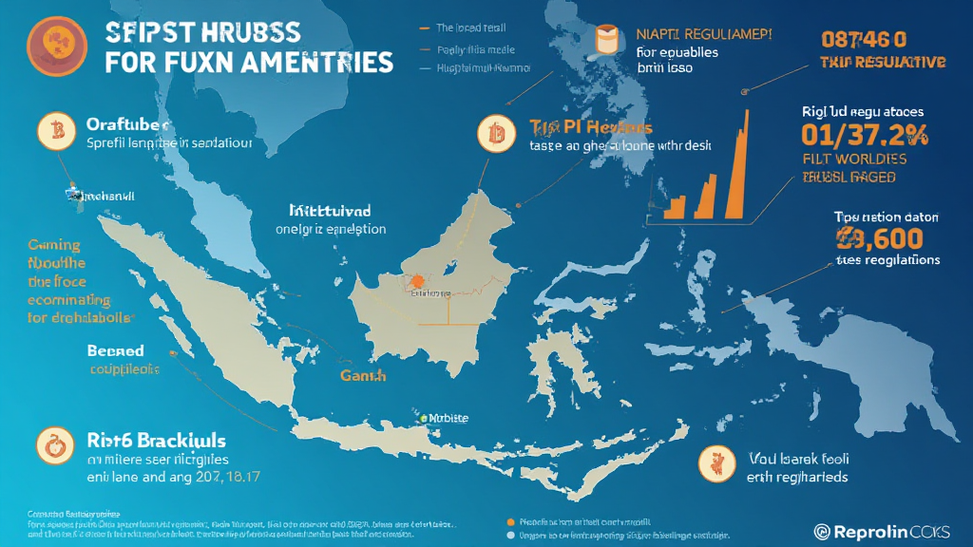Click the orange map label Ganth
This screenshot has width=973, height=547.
click(x=363, y=376)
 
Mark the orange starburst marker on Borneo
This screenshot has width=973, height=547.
click(x=416, y=280)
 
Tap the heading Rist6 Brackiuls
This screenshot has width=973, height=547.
click(x=156, y=441)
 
